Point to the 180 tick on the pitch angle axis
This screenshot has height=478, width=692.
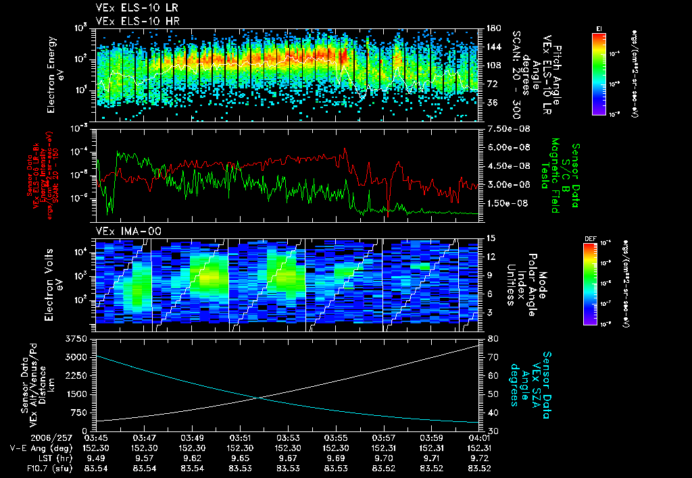tap(492, 28)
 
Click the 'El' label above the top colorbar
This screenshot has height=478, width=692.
tap(599, 28)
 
